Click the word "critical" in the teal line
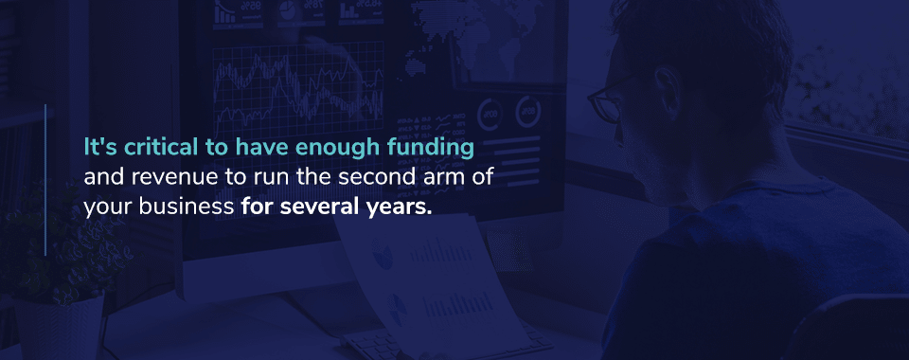point(153,147)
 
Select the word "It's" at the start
point(96,147)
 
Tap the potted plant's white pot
point(59,327)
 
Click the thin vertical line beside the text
point(45,180)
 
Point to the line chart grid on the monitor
point(298,89)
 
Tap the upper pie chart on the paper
point(382,255)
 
